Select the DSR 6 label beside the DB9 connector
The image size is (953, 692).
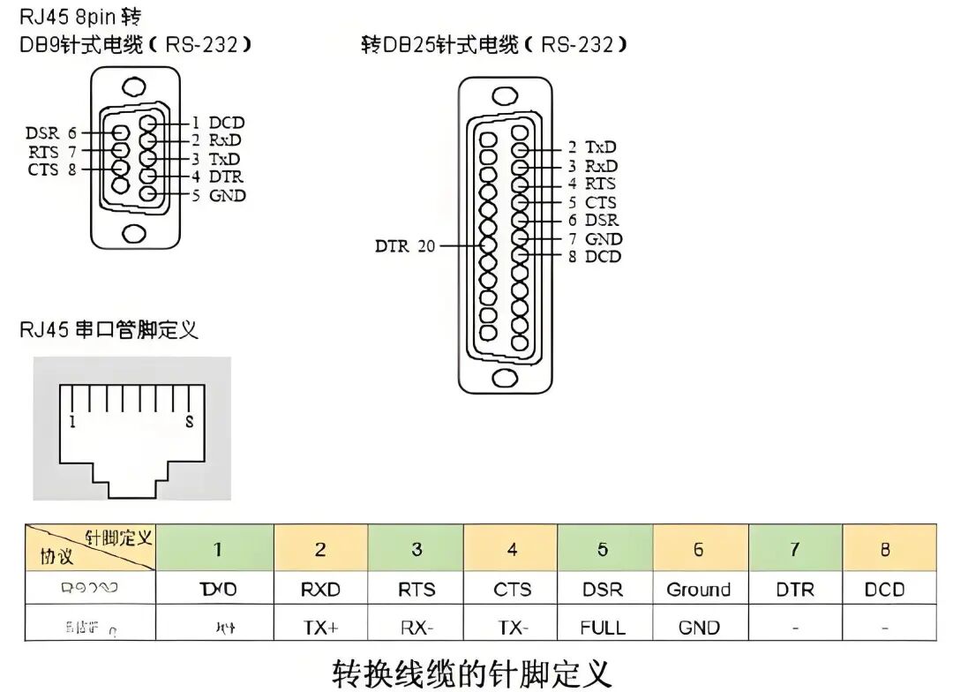(x=51, y=133)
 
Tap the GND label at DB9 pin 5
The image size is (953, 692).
(x=227, y=195)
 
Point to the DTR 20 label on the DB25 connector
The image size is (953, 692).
(x=405, y=246)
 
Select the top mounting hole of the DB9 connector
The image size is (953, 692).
(x=134, y=87)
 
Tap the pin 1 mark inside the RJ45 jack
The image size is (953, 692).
(x=72, y=422)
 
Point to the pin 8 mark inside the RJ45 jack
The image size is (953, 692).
(x=189, y=422)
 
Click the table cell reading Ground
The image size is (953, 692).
(x=698, y=590)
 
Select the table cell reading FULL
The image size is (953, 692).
(x=603, y=628)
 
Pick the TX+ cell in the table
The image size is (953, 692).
(x=320, y=628)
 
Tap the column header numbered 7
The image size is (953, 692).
(x=794, y=549)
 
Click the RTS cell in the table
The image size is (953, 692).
(x=416, y=590)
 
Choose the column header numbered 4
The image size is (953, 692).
(x=512, y=549)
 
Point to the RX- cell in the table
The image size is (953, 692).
(x=416, y=628)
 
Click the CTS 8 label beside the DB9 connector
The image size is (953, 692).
(x=51, y=169)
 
